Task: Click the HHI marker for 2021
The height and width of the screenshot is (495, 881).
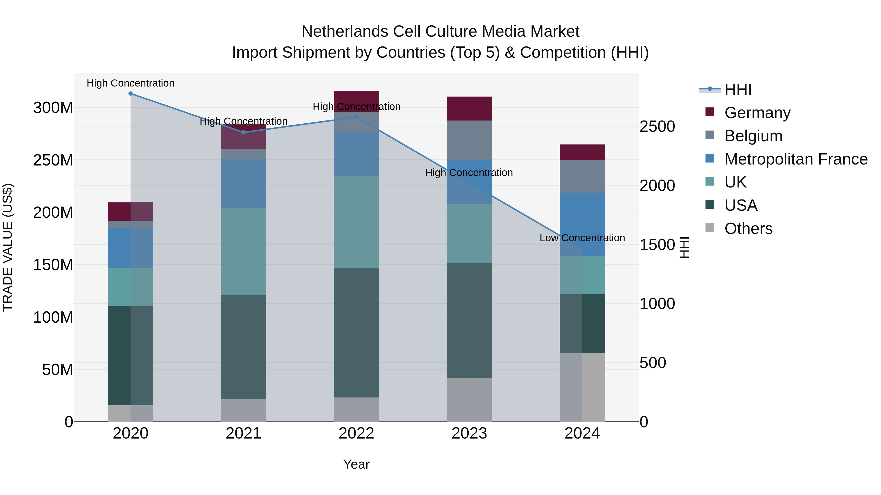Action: pyautogui.click(x=243, y=132)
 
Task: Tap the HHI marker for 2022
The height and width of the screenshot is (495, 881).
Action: pyautogui.click(x=356, y=117)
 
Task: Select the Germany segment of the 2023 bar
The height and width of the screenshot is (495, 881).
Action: pyautogui.click(x=469, y=109)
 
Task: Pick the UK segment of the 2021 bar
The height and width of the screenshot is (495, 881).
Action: pyautogui.click(x=243, y=252)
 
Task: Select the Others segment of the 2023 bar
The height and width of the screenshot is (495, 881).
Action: pyautogui.click(x=469, y=399)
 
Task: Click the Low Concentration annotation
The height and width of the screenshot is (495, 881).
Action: pyautogui.click(x=582, y=238)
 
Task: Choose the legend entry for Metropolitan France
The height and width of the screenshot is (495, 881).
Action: pyautogui.click(x=796, y=159)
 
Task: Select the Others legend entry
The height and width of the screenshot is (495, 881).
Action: pyautogui.click(x=748, y=229)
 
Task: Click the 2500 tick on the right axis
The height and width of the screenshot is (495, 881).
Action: pyautogui.click(x=657, y=127)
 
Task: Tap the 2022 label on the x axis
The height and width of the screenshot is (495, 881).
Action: pyautogui.click(x=356, y=433)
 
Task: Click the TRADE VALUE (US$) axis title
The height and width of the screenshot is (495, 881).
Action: pyautogui.click(x=8, y=247)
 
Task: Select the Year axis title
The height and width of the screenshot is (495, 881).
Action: pyautogui.click(x=356, y=464)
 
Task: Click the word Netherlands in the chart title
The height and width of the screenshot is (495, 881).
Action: pyautogui.click(x=345, y=32)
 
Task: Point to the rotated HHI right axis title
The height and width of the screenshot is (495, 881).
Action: pyautogui.click(x=684, y=247)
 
